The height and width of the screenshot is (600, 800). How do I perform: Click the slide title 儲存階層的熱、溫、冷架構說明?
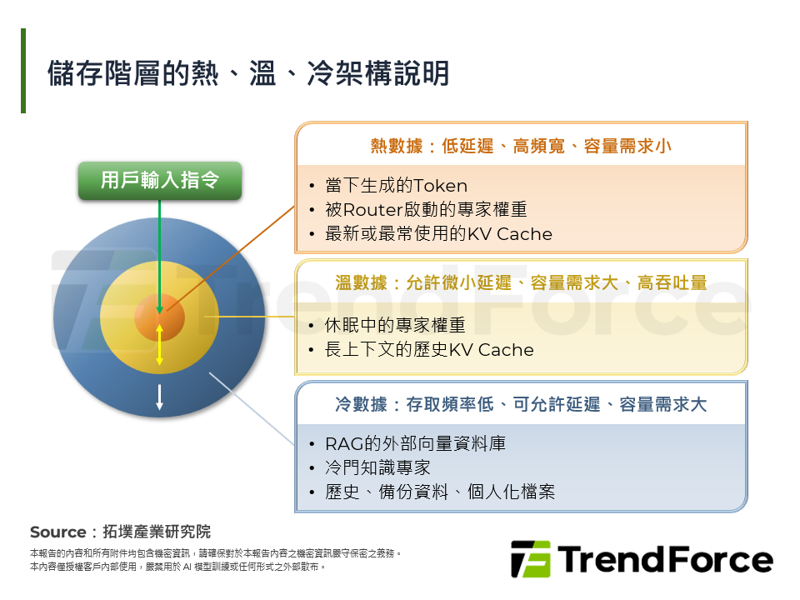(x=248, y=73)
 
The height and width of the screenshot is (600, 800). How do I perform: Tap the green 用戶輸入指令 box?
(x=160, y=180)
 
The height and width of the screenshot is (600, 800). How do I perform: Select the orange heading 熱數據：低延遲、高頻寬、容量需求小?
(x=521, y=147)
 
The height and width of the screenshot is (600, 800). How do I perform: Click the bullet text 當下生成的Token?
(x=396, y=186)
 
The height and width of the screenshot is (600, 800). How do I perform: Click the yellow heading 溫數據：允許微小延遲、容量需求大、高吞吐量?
(x=521, y=283)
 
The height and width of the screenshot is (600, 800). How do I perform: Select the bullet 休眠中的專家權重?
(x=395, y=325)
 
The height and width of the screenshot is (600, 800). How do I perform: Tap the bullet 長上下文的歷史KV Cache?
(x=429, y=350)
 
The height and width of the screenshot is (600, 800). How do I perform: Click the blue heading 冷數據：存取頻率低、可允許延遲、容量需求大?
(x=521, y=405)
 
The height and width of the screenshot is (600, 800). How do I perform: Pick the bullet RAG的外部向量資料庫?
(x=415, y=444)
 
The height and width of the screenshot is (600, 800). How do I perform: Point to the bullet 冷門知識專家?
(x=377, y=468)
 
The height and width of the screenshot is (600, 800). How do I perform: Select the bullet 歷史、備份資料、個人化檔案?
(x=440, y=492)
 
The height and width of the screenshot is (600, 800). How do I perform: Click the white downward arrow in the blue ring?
(x=159, y=397)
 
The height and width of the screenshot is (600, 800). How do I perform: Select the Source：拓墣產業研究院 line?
(x=121, y=532)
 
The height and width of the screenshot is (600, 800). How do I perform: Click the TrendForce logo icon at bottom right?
(x=530, y=559)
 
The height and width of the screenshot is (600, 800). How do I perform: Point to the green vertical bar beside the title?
(x=23, y=71)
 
